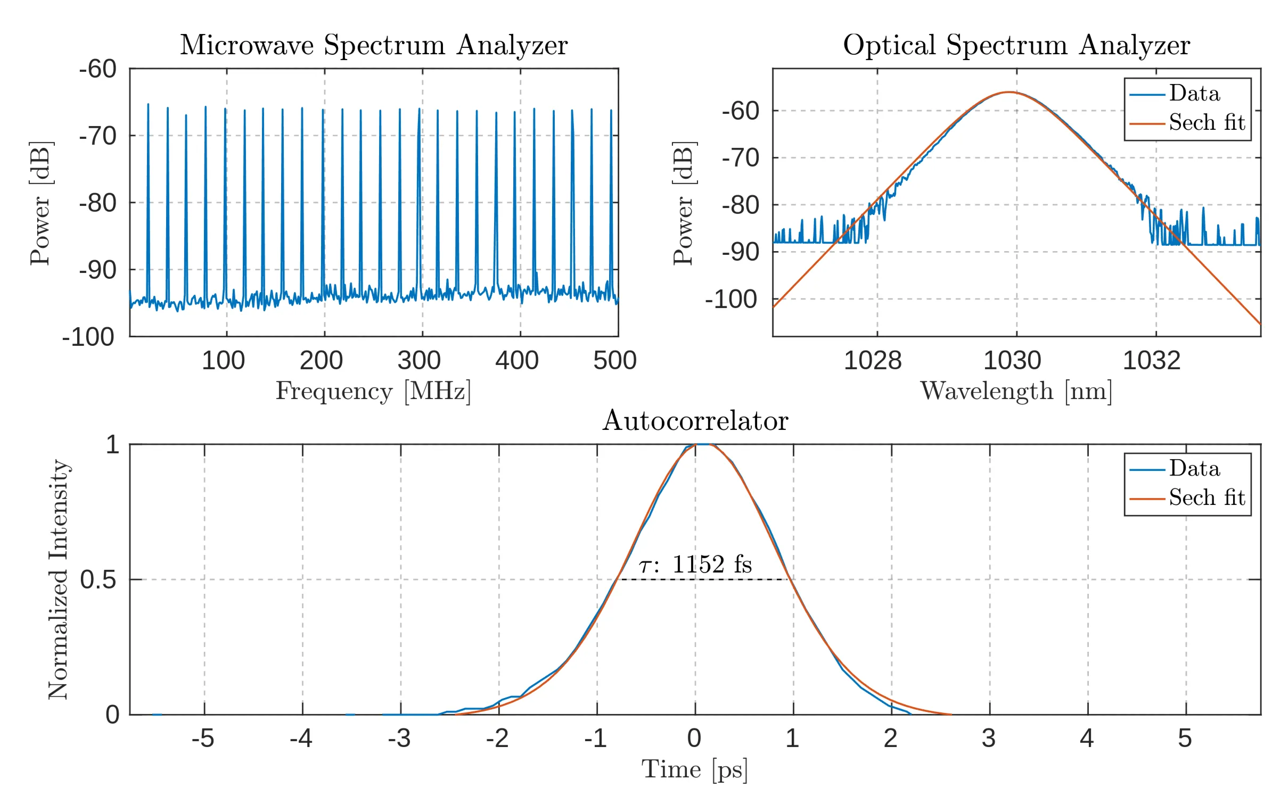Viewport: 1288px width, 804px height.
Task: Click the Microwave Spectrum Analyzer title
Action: click(374, 45)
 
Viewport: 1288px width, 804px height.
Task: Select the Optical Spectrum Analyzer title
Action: click(1016, 45)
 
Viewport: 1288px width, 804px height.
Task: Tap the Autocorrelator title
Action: click(695, 421)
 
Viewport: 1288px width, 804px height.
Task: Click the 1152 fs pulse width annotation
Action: click(695, 565)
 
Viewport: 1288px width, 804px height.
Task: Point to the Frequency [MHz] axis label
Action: click(373, 392)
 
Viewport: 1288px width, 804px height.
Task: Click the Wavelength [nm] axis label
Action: click(1016, 392)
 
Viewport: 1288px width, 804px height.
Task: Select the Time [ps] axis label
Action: click(694, 769)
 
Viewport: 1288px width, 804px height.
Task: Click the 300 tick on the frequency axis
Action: click(419, 361)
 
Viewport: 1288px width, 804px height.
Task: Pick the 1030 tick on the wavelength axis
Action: click(1012, 361)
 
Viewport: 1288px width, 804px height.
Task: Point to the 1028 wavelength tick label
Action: click(873, 361)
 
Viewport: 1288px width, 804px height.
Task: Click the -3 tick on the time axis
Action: click(399, 739)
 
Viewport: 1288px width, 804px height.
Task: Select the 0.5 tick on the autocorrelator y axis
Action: click(98, 579)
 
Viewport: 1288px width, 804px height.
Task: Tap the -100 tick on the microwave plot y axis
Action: click(88, 337)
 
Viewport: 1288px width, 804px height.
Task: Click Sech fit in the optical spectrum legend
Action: click(1207, 123)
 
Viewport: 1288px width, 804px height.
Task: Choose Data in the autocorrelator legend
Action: click(1194, 469)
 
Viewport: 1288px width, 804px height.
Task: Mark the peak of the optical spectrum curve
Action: click(1009, 93)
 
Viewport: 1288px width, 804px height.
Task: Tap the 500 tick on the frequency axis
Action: click(615, 361)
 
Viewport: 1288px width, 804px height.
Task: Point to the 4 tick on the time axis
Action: click(1087, 739)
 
